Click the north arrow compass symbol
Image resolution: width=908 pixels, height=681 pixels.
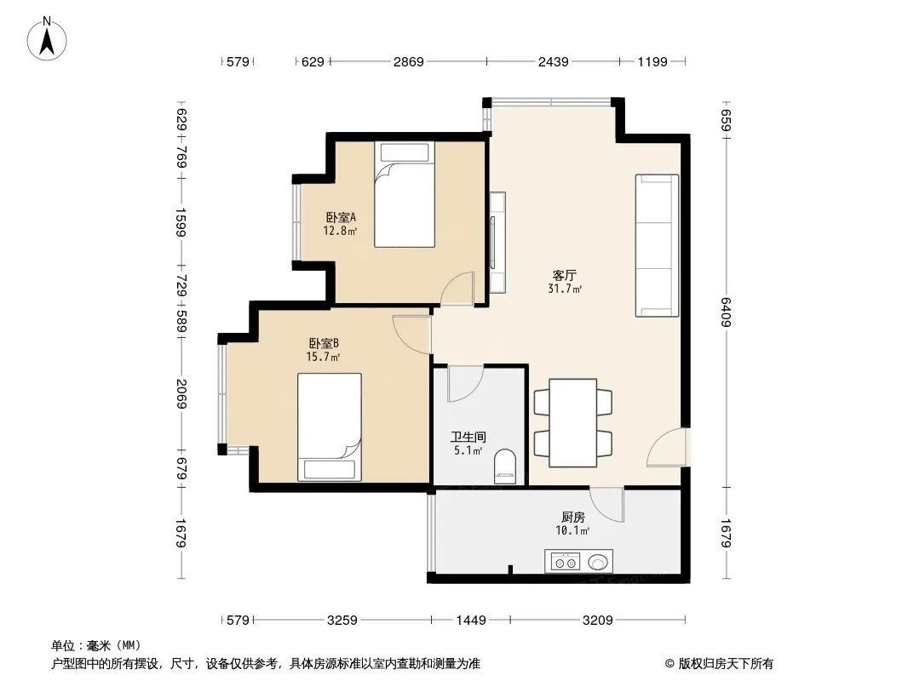point(47,39)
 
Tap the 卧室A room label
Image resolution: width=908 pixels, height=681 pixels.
point(341,218)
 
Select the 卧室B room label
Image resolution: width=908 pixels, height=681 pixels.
point(324,344)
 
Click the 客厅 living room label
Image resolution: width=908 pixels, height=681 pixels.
point(565,276)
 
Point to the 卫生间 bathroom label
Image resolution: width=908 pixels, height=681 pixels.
point(468,438)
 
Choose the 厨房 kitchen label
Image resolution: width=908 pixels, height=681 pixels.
point(572,518)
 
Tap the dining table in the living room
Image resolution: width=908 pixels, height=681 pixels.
point(572,422)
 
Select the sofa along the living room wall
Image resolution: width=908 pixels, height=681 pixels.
point(658,245)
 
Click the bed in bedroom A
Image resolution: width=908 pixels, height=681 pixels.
point(405,194)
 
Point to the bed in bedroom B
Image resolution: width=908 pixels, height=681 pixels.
point(330,427)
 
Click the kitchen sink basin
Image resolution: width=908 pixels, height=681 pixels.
point(598,562)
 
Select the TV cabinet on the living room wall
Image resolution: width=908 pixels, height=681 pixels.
point(497,243)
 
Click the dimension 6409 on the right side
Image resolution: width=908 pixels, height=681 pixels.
point(727,312)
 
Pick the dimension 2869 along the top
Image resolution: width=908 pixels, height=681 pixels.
point(409,61)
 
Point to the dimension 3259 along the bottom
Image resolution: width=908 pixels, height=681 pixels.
point(342,621)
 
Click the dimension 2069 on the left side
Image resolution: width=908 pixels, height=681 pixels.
point(181,393)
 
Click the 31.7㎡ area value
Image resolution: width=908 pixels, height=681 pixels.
point(565,289)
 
